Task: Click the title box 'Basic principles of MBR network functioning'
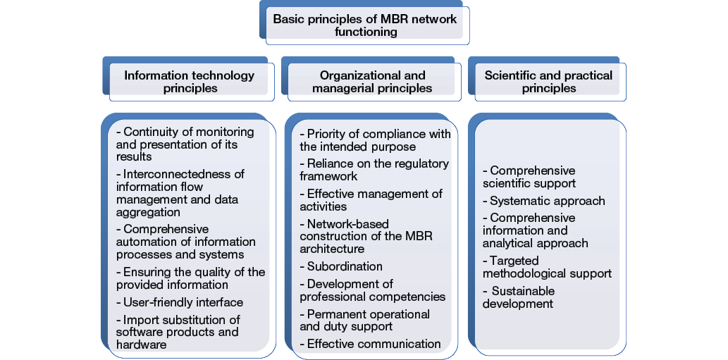coord(364,25)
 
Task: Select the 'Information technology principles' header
coord(190,82)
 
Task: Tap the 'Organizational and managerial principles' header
coord(372,82)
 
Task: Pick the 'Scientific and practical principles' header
coord(548,82)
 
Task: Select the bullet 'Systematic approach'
coord(544,201)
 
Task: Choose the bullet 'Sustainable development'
coord(522,297)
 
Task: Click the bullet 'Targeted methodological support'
coord(547,266)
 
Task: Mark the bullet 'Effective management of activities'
coord(371,200)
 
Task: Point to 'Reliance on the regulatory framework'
coord(374,170)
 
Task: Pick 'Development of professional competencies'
coord(372,290)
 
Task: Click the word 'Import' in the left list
coord(141,320)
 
